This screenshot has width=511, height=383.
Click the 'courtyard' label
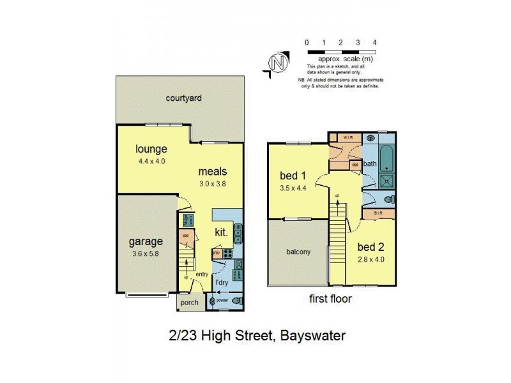click(183, 98)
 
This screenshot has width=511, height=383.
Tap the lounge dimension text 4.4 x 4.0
click(151, 161)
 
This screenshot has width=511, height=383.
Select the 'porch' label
click(190, 303)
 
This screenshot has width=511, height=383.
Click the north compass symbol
click(276, 63)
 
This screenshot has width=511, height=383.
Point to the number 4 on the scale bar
click(374, 43)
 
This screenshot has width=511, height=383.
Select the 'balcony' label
click(298, 252)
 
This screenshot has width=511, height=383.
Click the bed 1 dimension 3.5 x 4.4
click(294, 188)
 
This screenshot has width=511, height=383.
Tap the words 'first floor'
click(330, 298)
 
